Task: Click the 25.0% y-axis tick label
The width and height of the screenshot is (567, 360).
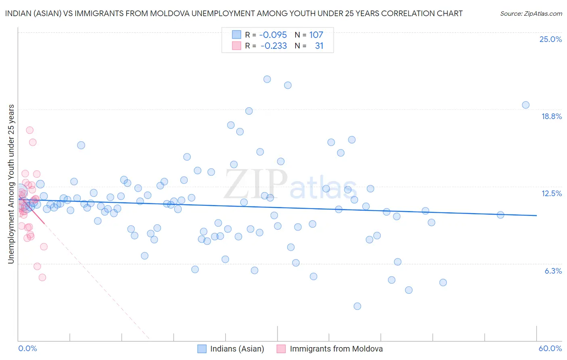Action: click(550, 39)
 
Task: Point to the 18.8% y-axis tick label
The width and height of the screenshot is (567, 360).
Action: click(551, 116)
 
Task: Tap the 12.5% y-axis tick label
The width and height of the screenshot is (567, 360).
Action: click(551, 193)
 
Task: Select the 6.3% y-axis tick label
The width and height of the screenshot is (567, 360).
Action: click(553, 271)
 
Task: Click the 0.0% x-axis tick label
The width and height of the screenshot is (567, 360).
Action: click(27, 348)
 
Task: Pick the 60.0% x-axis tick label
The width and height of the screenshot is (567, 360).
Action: click(550, 348)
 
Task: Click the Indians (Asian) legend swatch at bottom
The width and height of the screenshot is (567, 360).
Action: click(202, 349)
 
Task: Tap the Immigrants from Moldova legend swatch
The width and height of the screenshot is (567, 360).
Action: click(281, 349)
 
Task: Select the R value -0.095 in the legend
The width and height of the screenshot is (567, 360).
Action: click(273, 35)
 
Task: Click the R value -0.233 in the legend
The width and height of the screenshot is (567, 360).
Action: click(273, 46)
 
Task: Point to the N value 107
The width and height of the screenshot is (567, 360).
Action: click(316, 35)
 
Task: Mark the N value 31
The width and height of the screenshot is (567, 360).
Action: click(319, 46)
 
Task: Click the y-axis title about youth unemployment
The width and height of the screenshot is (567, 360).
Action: click(11, 184)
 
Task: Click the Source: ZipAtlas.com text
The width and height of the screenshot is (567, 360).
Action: click(531, 14)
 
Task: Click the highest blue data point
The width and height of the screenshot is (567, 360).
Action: click(267, 79)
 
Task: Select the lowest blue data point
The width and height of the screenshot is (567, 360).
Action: click(357, 306)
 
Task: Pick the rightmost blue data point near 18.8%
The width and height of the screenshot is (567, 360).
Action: click(526, 105)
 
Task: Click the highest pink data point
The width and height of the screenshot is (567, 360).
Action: click(29, 130)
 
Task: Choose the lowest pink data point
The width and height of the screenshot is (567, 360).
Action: click(42, 277)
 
